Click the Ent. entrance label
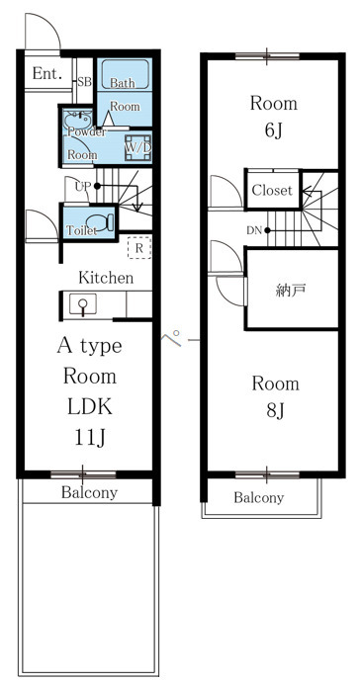pyautogui.click(x=47, y=73)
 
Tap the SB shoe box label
pyautogui.click(x=84, y=82)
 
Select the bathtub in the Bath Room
pyautogui.click(x=126, y=75)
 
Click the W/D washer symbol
pyautogui.click(x=138, y=148)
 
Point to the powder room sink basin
pyautogui.click(x=77, y=119)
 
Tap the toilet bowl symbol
pyautogui.click(x=100, y=221)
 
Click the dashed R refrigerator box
pyautogui.click(x=139, y=247)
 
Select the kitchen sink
pyautogui.click(x=83, y=303)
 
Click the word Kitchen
pyautogui.click(x=106, y=278)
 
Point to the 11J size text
pyautogui.click(x=90, y=438)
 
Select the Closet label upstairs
pyautogui.click(x=272, y=190)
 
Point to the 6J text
pyautogui.click(x=274, y=130)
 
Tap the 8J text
pyautogui.click(x=275, y=410)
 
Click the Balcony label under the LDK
pyautogui.click(x=89, y=493)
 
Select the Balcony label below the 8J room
pyautogui.click(x=258, y=497)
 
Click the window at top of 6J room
pyautogui.click(x=267, y=55)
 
